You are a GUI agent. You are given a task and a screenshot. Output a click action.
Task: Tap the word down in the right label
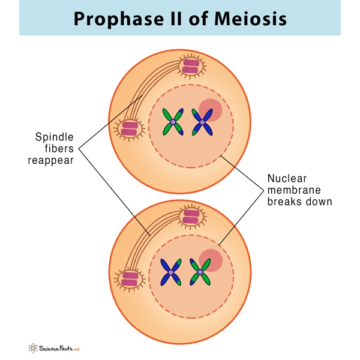point(320,202)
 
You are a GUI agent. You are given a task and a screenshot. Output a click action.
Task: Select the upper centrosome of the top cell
point(192,66)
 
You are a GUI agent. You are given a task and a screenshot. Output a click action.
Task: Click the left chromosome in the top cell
point(173,122)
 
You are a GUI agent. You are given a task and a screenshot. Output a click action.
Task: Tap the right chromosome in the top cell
point(202,122)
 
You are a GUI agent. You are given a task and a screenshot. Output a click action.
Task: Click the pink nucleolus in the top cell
point(211,110)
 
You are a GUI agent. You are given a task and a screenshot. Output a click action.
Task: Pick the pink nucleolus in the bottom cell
point(211,260)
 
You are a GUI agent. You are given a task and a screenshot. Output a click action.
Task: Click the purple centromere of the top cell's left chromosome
point(173,122)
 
